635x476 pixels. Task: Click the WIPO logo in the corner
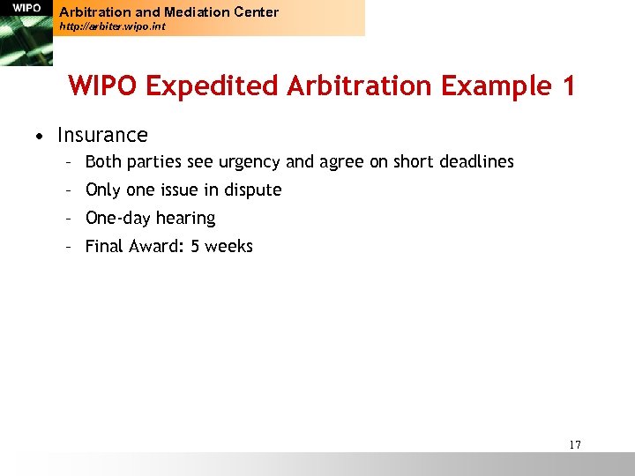(x=26, y=9)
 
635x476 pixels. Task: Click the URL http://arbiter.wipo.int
(x=112, y=27)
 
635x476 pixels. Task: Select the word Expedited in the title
(x=214, y=86)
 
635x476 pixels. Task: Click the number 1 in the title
(x=568, y=86)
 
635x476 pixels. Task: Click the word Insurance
(x=102, y=135)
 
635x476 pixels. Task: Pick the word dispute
(x=252, y=190)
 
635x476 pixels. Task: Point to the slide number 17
(x=575, y=444)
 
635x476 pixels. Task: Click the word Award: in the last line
(x=158, y=246)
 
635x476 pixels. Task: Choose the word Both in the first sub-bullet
(x=103, y=162)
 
